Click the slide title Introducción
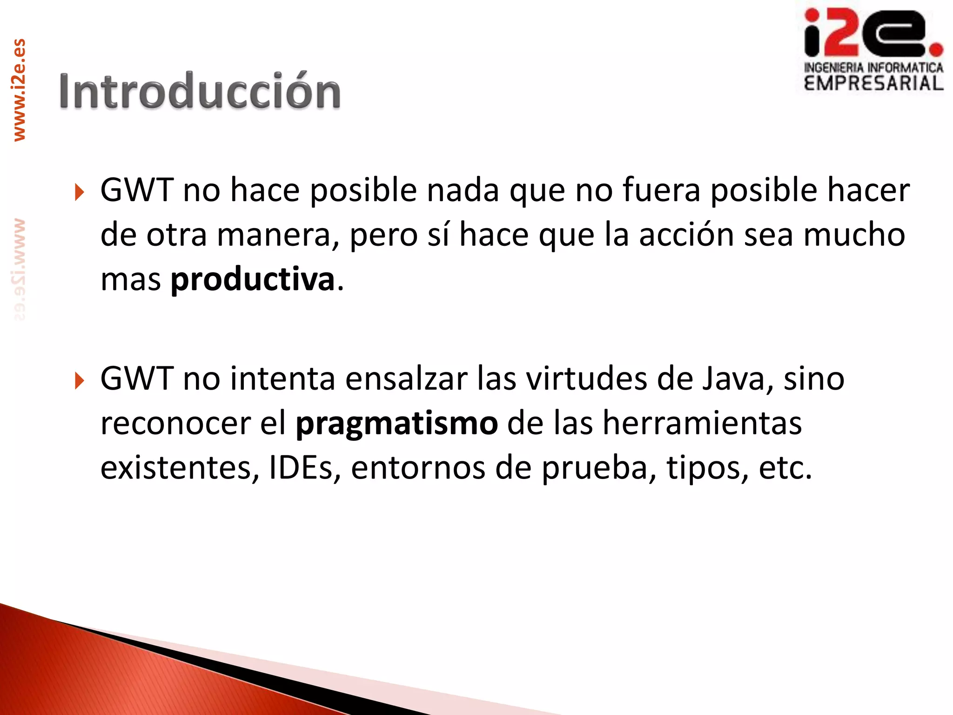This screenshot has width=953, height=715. (200, 91)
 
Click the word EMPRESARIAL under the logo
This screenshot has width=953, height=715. (873, 83)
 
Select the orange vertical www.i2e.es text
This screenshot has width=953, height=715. (19, 90)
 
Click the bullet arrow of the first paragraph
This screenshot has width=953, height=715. (80, 192)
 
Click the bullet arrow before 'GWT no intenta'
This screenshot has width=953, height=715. (80, 381)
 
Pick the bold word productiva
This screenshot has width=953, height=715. (253, 280)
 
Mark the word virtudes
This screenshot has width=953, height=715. (586, 378)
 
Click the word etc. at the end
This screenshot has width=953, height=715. (785, 467)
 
